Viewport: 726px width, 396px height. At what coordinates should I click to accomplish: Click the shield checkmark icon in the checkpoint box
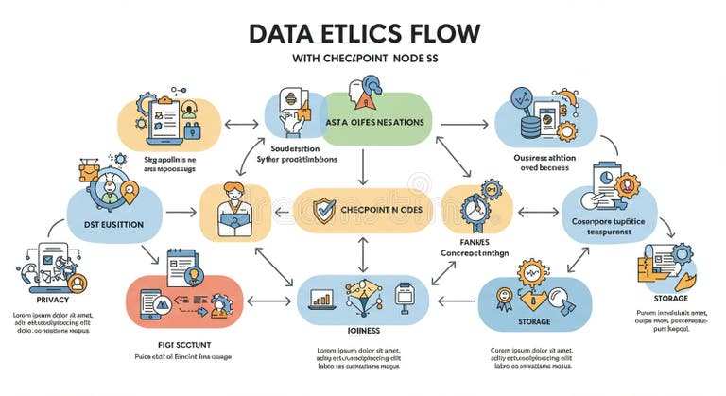[x=324, y=208]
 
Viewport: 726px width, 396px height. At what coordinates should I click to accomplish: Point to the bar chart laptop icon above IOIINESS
[x=323, y=299]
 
